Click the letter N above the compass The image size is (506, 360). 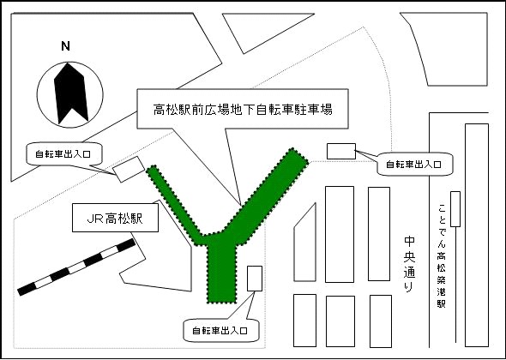click(x=65, y=46)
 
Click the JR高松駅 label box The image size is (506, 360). click(x=115, y=218)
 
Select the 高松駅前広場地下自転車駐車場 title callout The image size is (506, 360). click(x=243, y=109)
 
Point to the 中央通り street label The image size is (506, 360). click(x=409, y=265)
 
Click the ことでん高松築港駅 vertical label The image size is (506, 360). click(x=442, y=255)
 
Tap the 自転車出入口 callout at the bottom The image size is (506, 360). click(x=221, y=330)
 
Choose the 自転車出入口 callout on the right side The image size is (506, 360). click(x=414, y=165)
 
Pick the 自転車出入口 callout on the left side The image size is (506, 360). click(x=64, y=154)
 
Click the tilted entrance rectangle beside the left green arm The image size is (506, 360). click(x=129, y=170)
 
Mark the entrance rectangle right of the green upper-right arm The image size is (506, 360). click(x=341, y=152)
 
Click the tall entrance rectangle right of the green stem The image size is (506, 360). click(x=255, y=279)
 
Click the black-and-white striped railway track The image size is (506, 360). click(x=76, y=267)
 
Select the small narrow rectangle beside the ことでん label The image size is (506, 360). click(x=455, y=209)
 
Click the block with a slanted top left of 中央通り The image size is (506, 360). click(x=304, y=245)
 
